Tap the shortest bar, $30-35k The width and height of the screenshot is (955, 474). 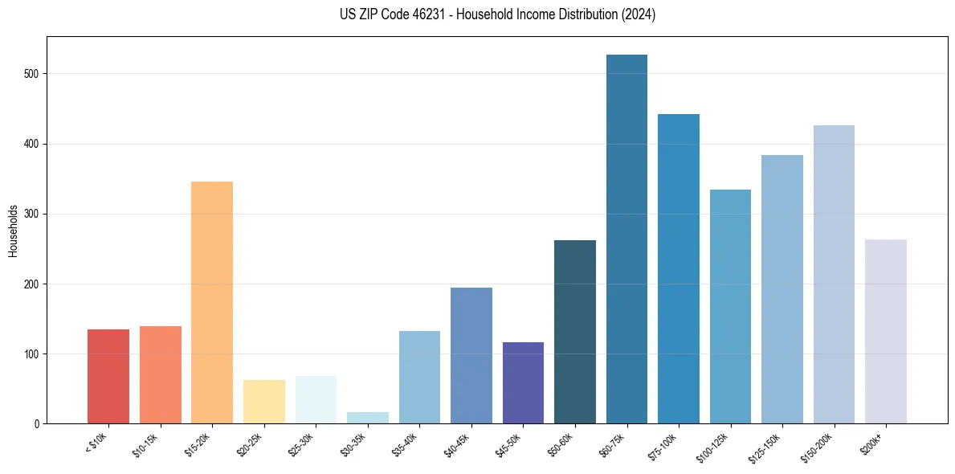pos(368,418)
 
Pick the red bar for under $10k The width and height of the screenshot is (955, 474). pos(108,377)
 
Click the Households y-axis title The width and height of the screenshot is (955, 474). pos(13,231)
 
